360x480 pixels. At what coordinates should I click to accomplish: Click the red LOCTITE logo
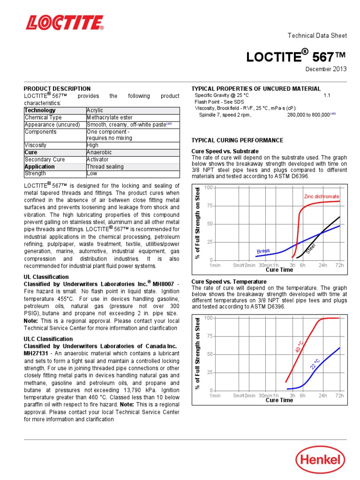tap(65, 22)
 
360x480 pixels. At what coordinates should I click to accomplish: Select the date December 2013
tap(326, 69)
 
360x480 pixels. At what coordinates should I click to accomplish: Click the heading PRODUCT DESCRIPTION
tap(57, 89)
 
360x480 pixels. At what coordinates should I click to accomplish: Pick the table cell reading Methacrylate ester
tap(110, 118)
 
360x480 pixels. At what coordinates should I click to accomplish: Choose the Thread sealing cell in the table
tap(105, 166)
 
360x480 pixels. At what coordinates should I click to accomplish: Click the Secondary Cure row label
tap(45, 159)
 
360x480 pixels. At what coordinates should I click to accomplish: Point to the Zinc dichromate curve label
tap(322, 196)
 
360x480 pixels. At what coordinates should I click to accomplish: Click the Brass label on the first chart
tap(263, 251)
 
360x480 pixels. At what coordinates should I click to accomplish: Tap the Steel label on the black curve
tap(311, 249)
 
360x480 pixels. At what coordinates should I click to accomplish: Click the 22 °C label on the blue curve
tap(315, 363)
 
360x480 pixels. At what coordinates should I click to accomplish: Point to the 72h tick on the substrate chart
tap(339, 265)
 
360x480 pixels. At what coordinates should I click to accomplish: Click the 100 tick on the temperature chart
tap(209, 318)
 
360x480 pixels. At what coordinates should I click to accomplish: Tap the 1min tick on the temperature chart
tap(215, 396)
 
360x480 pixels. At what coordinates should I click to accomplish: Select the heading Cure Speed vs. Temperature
tap(229, 281)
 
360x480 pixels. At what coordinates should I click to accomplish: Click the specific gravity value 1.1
tap(327, 95)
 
